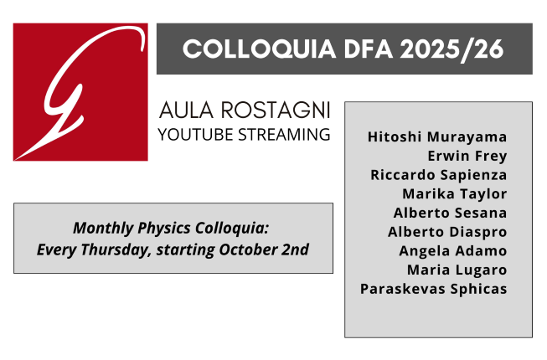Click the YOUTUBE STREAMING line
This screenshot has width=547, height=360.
point(245,134)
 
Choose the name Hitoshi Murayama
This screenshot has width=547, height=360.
point(437,136)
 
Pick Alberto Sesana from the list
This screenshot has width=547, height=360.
point(451,213)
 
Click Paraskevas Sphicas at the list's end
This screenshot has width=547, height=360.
point(434,289)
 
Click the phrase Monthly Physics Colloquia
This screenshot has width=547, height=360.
point(173,228)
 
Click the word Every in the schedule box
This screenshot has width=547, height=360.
point(56,249)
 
